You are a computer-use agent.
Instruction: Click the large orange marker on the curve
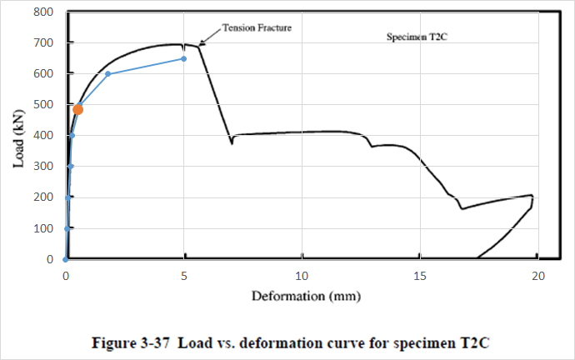(77, 109)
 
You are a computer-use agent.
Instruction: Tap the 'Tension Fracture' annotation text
(256, 28)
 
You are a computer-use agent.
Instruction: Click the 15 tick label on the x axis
(420, 276)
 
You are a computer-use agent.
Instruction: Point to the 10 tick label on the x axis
(302, 276)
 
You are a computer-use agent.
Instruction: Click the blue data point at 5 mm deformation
(183, 58)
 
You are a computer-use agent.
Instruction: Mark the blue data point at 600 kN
(108, 74)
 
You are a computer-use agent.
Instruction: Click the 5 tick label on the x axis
(184, 276)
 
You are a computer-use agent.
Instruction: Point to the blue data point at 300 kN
(70, 166)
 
